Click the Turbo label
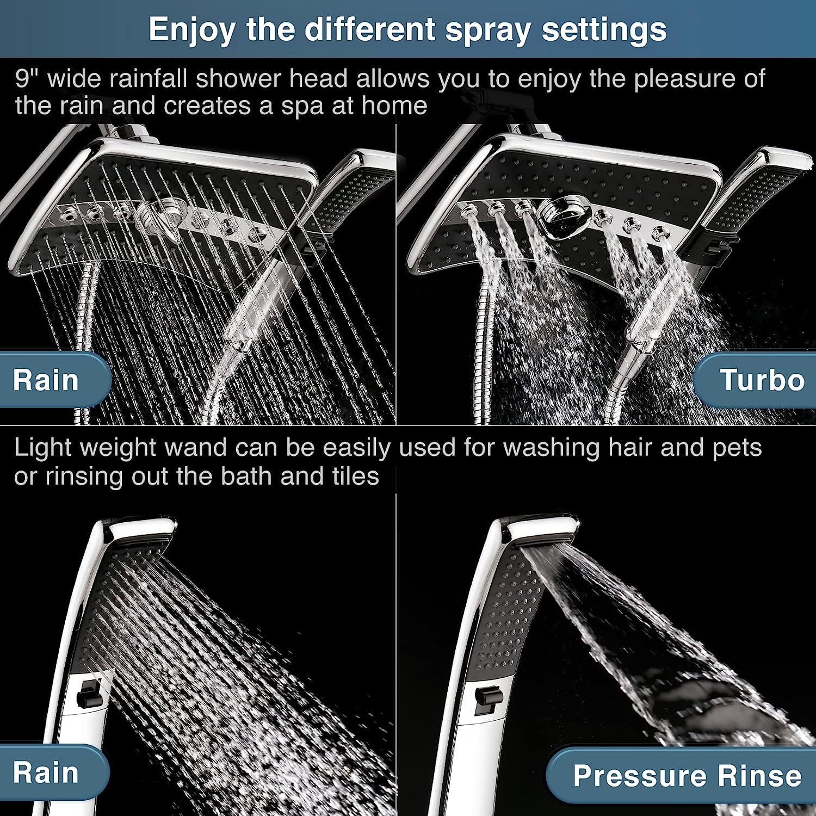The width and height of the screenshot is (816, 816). pyautogui.click(x=762, y=380)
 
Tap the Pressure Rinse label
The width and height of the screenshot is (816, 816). pyautogui.click(x=687, y=775)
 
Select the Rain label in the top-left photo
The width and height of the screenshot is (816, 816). pyautogui.click(x=46, y=380)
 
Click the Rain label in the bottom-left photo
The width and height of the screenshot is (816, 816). pyautogui.click(x=46, y=772)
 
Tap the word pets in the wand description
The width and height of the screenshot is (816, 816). pyautogui.click(x=737, y=448)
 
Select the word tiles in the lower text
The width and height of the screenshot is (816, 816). pyautogui.click(x=355, y=477)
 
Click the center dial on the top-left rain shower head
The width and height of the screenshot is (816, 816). pyautogui.click(x=163, y=213)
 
